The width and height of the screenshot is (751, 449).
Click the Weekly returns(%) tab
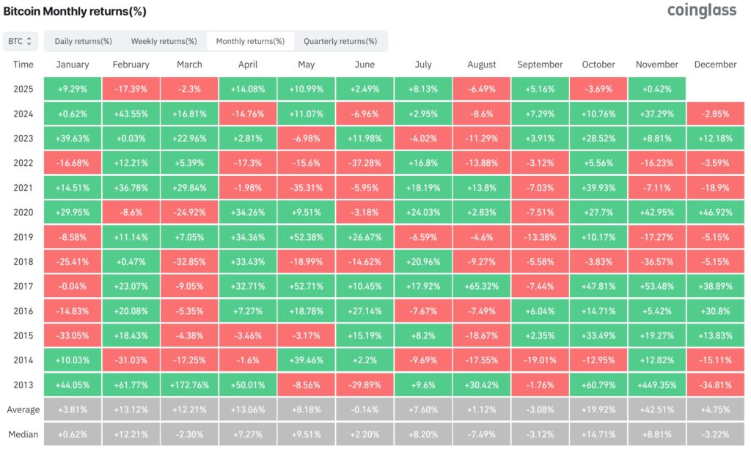coord(159,41)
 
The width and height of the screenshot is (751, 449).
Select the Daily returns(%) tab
coord(83,41)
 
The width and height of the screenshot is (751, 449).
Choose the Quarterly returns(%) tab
coord(340,41)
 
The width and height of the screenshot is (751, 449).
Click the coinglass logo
coord(701,11)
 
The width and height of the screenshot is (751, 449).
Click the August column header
coord(481,65)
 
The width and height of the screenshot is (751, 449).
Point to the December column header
coord(715,65)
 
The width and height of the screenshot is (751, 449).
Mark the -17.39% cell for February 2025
coord(131,89)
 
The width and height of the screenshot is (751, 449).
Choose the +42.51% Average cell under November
coord(656,410)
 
